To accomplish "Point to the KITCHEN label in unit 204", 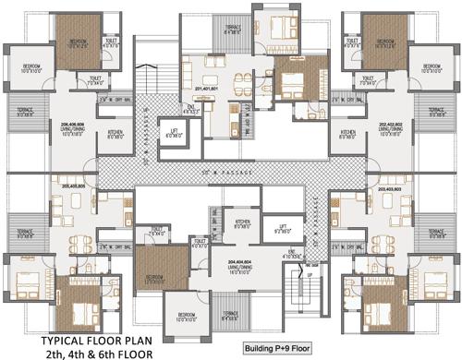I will (x=243, y=222).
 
